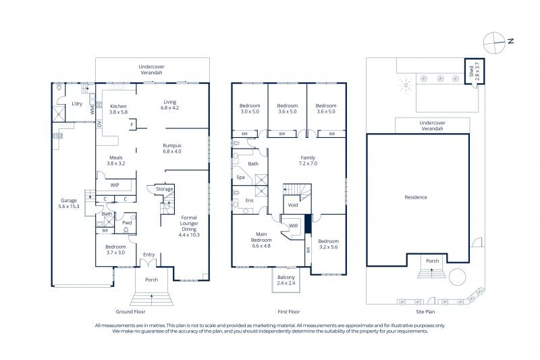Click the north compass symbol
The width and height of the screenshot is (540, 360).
point(494,43)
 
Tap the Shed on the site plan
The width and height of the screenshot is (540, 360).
point(475,72)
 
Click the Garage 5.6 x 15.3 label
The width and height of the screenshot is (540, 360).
point(69,203)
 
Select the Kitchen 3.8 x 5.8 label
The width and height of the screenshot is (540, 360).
point(119,109)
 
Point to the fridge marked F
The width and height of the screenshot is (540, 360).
point(132,125)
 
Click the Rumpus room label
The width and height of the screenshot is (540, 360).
point(172,148)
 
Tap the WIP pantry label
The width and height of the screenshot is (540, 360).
point(115,185)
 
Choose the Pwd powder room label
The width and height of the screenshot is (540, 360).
point(127,222)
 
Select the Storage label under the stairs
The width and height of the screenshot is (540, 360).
point(164,189)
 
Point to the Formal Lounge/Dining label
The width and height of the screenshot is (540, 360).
point(189,226)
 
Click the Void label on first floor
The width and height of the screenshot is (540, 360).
point(293,205)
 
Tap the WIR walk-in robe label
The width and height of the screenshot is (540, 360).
point(294,226)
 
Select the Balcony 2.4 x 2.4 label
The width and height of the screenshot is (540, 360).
point(286,280)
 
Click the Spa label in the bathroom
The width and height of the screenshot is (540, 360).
point(240,178)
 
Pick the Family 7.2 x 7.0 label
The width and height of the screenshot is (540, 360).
point(308,161)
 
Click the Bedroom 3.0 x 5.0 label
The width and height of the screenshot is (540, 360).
point(250,109)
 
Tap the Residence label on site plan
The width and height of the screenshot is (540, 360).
point(416,197)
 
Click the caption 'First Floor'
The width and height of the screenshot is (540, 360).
point(289,312)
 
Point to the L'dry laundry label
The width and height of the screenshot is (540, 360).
point(77,103)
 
